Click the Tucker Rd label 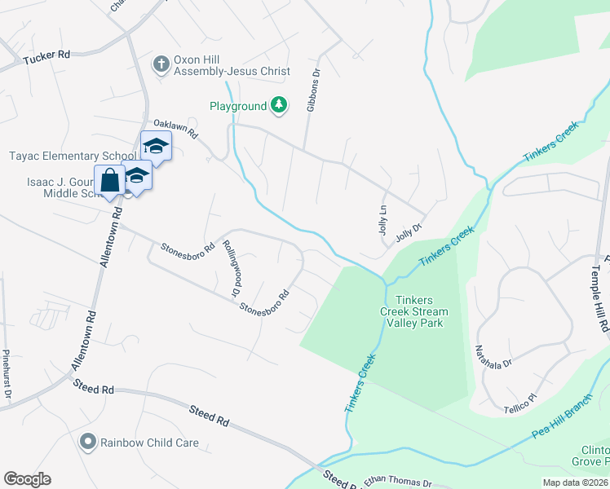(47, 56)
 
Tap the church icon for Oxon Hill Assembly (161, 64)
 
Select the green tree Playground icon (279, 105)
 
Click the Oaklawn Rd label (176, 128)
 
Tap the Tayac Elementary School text (73, 156)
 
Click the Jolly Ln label (382, 221)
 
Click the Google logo (27, 479)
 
